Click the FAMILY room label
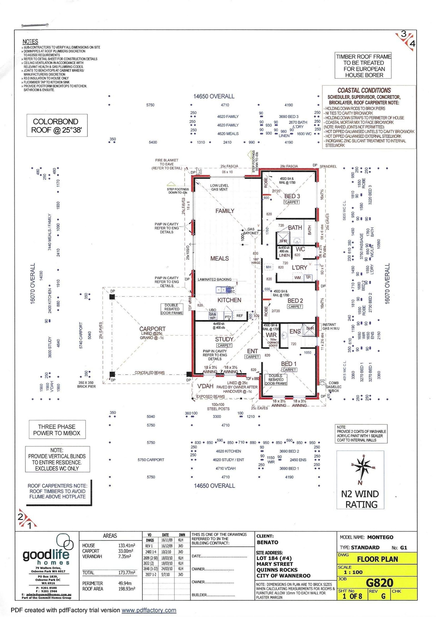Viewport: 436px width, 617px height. click(225, 211)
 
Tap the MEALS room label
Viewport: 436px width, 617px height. click(219, 258)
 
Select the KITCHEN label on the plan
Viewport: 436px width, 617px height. click(229, 300)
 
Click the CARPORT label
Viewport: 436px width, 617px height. click(152, 329)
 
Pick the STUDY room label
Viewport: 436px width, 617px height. click(224, 339)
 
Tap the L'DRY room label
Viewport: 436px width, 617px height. click(299, 267)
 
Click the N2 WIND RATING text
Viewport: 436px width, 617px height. click(361, 499)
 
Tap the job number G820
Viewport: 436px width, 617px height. click(379, 583)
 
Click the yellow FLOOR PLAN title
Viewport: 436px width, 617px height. click(377, 559)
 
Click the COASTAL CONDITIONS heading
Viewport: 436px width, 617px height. click(364, 90)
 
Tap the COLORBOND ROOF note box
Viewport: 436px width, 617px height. click(57, 126)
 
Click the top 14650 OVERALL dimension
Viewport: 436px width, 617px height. click(214, 96)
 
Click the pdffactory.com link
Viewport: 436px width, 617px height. click(149, 610)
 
